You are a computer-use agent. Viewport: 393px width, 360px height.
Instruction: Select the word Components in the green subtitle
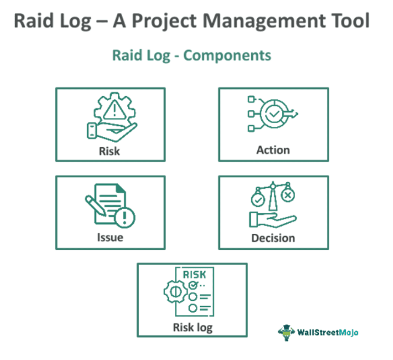pyautogui.click(x=227, y=55)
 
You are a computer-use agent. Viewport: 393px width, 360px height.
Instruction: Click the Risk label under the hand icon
pyautogui.click(x=109, y=150)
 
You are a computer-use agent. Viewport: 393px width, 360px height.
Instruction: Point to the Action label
pyautogui.click(x=273, y=150)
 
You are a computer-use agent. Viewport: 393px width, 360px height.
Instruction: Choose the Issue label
pyautogui.click(x=110, y=237)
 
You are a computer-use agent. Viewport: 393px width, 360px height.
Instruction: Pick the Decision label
pyautogui.click(x=273, y=237)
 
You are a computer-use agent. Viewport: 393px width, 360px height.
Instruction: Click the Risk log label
pyautogui.click(x=192, y=327)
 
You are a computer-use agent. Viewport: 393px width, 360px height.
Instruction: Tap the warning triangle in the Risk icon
pyautogui.click(x=112, y=110)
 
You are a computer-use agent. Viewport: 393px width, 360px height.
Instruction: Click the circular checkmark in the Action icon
pyautogui.click(x=275, y=112)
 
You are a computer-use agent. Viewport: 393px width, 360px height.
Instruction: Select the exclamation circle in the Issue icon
pyautogui.click(x=125, y=217)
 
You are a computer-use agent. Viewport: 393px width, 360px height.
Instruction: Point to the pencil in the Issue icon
pyautogui.click(x=93, y=204)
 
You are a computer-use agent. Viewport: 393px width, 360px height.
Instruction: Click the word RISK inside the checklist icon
pyautogui.click(x=198, y=273)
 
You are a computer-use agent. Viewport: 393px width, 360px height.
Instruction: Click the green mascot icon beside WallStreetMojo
pyautogui.click(x=285, y=331)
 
